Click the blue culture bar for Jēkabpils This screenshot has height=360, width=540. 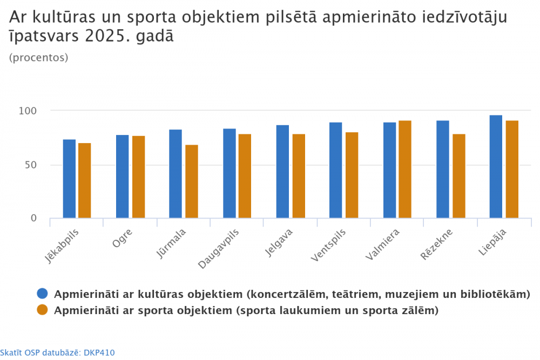(69, 179)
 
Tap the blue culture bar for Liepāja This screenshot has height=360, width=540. (496, 167)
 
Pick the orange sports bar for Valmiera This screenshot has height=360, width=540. (405, 169)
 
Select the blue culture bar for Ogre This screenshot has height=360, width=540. (123, 176)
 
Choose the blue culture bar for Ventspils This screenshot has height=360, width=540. (336, 170)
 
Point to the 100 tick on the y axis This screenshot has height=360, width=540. (28, 111)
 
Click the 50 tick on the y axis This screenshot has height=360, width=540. (31, 165)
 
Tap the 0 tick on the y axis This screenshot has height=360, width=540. (33, 218)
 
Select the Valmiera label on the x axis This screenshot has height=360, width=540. (382, 243)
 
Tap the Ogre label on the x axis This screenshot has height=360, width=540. (122, 238)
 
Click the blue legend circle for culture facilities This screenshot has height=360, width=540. (42, 294)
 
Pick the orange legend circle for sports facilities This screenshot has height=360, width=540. (42, 310)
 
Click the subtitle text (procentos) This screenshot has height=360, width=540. (39, 57)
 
